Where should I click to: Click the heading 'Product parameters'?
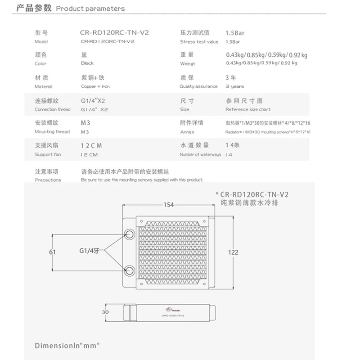(x=90, y=9)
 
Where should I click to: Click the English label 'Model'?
(x=41, y=41)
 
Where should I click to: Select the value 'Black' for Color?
(x=87, y=64)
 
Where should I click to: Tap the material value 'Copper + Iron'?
(x=95, y=86)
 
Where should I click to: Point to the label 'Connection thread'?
(x=52, y=109)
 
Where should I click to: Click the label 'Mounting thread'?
(x=52, y=132)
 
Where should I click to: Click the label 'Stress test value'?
(x=199, y=41)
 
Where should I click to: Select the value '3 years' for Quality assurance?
(x=234, y=86)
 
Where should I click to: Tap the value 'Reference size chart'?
(x=248, y=109)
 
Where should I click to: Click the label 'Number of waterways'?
(x=200, y=154)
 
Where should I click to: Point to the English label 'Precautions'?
(x=48, y=180)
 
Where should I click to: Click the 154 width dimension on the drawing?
(x=168, y=205)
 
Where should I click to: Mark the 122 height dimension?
(x=233, y=252)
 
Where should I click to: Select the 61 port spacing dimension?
(x=53, y=252)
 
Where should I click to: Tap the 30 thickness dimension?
(x=106, y=312)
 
